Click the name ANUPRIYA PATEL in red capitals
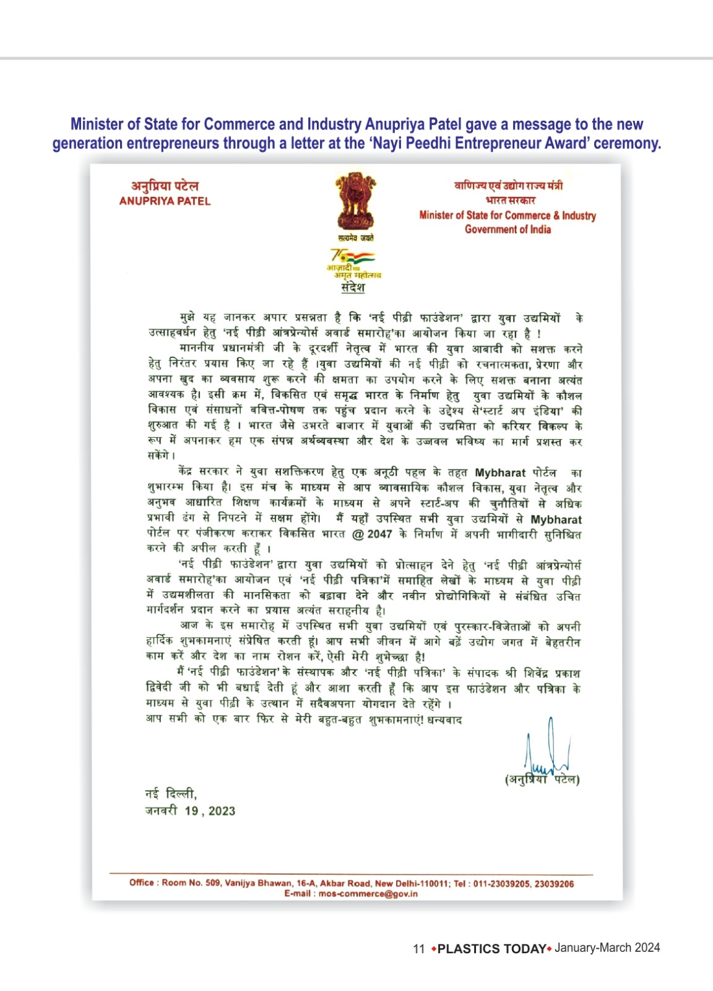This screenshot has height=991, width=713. point(165,201)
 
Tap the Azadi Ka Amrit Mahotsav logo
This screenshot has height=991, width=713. point(353,263)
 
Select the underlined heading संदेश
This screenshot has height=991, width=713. point(353,288)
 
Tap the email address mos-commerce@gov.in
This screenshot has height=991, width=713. point(368,894)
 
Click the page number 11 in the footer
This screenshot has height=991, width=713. point(419,949)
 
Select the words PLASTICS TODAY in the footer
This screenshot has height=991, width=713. point(491,949)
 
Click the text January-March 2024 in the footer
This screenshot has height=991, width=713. point(607,948)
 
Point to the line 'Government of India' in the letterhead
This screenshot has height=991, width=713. point(508,229)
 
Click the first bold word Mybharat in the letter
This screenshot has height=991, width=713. point(500,473)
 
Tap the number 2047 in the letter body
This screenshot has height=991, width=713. point(379,535)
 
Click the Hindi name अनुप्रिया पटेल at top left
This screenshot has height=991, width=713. point(165,186)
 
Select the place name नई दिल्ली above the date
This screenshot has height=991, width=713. point(170,794)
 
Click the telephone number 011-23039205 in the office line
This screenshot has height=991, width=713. point(501,884)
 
